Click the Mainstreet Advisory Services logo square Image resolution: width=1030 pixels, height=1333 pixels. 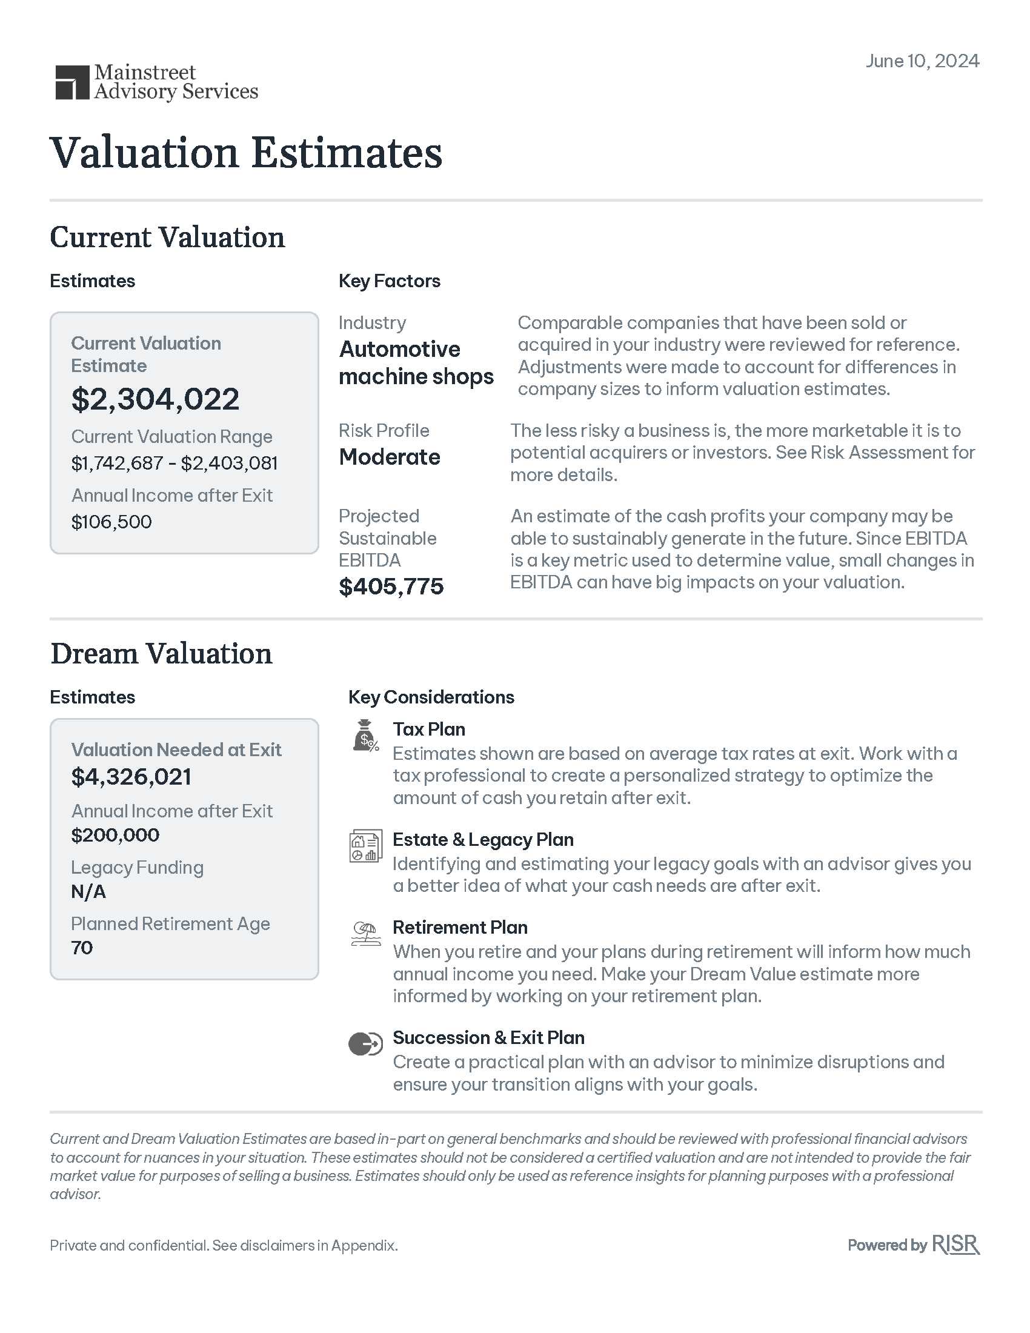coord(72,82)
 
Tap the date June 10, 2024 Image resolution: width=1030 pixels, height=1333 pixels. coord(922,61)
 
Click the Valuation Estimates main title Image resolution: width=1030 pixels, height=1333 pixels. coord(246,153)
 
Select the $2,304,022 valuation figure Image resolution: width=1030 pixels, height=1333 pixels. coord(155,399)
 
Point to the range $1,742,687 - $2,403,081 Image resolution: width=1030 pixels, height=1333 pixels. coord(174,464)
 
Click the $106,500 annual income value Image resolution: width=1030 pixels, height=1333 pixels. coord(111,522)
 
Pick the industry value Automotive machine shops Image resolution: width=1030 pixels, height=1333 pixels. coord(416,362)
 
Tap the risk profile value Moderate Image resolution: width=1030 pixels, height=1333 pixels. coord(390,457)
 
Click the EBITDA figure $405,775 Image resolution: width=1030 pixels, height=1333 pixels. coord(391,587)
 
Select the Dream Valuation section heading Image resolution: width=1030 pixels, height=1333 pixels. coord(161,654)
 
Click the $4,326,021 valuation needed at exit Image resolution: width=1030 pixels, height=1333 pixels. coord(131,777)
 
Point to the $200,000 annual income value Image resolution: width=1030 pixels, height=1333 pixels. coord(115,835)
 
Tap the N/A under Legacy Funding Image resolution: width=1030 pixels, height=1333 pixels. coord(88,892)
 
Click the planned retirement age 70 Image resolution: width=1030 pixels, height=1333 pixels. coord(82,948)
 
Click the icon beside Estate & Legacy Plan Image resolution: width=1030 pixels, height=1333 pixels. coord(365,846)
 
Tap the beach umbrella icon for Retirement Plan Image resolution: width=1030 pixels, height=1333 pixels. coord(365,934)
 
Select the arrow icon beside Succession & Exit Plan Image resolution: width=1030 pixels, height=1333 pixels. coord(365,1044)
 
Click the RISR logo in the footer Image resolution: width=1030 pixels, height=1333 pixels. coord(955,1245)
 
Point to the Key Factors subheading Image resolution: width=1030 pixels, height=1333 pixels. coord(390,281)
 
